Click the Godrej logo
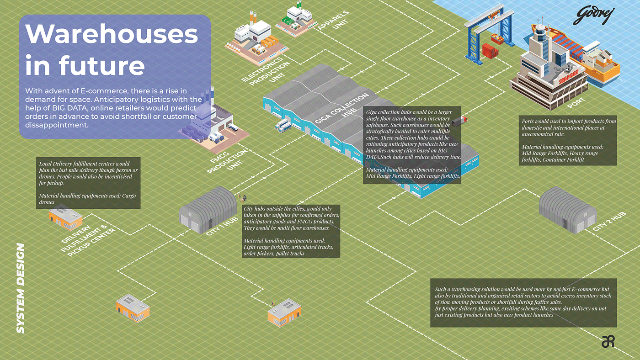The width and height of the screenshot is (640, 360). [594, 16]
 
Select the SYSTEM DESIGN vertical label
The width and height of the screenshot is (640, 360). [20, 288]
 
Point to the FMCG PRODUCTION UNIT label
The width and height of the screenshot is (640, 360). [228, 160]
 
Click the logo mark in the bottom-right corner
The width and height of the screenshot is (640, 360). [608, 341]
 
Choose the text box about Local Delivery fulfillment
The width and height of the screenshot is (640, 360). [88, 183]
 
